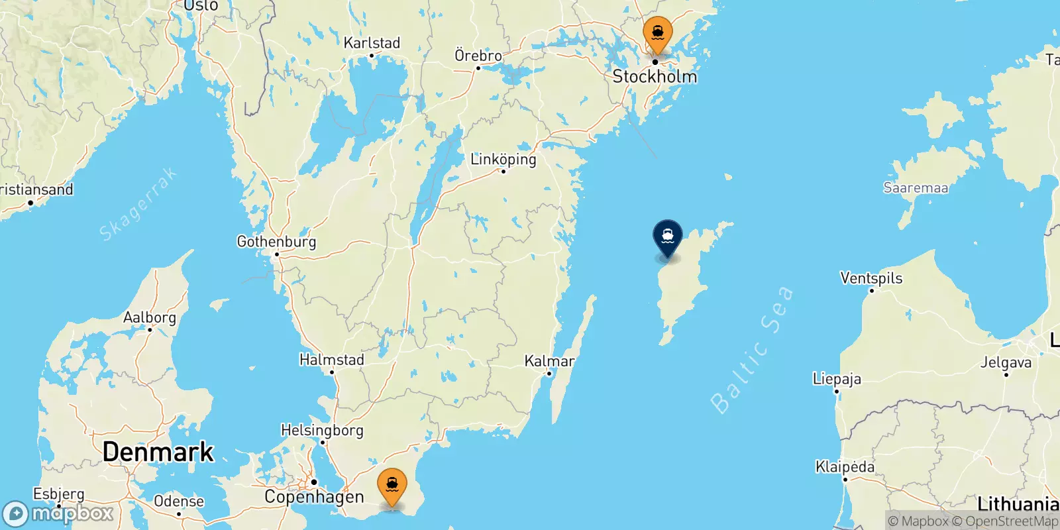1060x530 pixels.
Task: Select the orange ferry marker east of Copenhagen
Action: (392, 486)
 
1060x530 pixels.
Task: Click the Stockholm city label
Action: (655, 77)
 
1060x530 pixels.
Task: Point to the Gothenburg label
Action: (276, 242)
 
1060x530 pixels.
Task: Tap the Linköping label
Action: (503, 159)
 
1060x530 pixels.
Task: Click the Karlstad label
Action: (372, 43)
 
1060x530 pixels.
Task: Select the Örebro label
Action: (478, 56)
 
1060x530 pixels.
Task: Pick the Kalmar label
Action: (549, 361)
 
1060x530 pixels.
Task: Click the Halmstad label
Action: (332, 360)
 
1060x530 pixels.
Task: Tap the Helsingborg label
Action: (322, 431)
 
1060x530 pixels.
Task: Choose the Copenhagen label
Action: (314, 497)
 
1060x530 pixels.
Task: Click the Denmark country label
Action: (158, 452)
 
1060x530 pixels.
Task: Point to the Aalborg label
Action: (150, 317)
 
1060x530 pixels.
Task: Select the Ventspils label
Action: (871, 278)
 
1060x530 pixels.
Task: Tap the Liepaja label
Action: (837, 379)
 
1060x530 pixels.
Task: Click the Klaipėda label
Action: (845, 467)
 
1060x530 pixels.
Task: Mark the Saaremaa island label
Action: (916, 188)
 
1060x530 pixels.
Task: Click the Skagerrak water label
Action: (138, 203)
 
